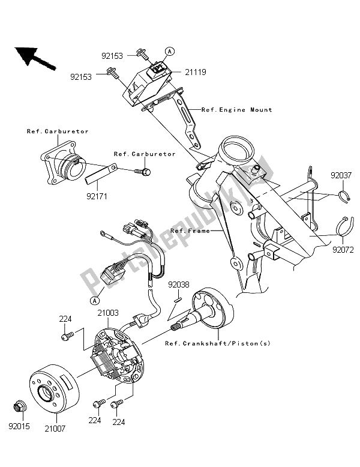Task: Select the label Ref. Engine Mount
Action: tap(236, 110)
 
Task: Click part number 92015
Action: tap(19, 427)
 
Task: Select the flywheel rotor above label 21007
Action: tap(53, 388)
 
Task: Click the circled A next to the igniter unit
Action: tap(170, 52)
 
